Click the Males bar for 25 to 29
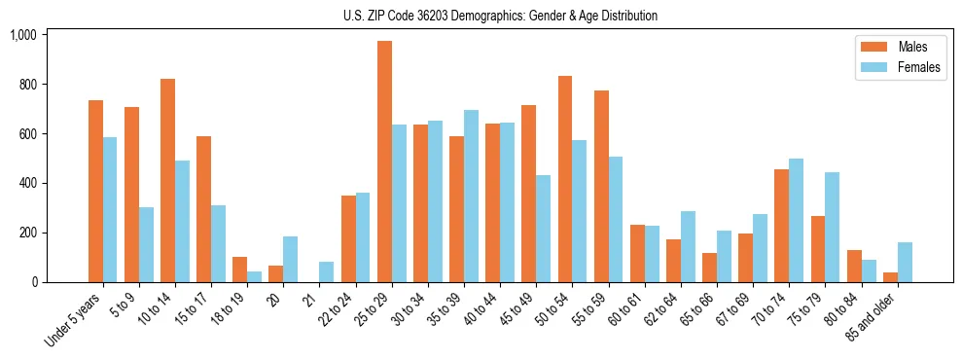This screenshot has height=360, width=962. (384, 162)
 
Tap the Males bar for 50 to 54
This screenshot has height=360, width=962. (564, 179)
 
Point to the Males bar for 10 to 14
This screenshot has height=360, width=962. (167, 180)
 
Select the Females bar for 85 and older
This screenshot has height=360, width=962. (905, 262)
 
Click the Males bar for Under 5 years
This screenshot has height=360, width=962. (95, 191)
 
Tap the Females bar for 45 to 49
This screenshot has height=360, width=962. (543, 229)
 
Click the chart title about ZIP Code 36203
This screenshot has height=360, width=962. (500, 16)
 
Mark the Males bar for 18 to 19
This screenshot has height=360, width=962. (239, 270)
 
